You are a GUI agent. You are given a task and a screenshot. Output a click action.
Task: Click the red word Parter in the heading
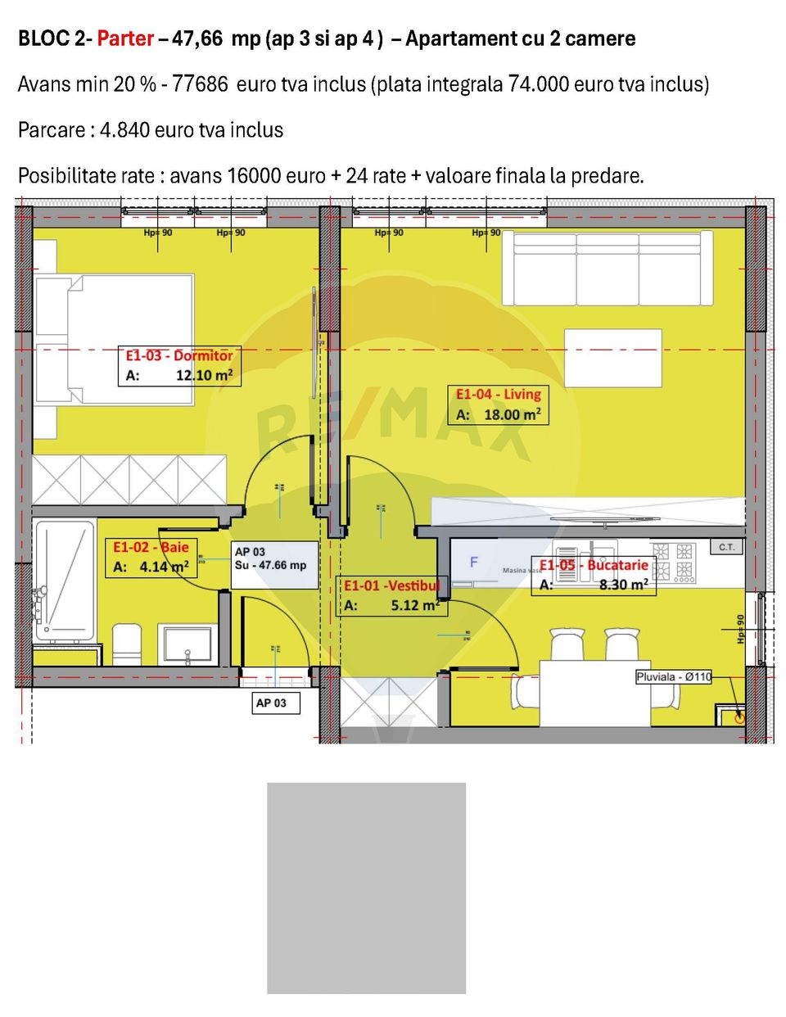click(x=125, y=38)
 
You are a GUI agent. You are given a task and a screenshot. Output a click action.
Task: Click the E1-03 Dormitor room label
click(x=178, y=355)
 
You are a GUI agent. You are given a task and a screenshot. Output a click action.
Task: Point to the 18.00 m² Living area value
click(x=512, y=414)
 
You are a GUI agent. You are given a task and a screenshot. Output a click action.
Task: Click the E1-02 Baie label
click(x=151, y=547)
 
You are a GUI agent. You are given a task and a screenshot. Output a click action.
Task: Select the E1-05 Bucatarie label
click(x=593, y=565)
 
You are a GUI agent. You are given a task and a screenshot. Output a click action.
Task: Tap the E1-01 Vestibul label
click(x=391, y=585)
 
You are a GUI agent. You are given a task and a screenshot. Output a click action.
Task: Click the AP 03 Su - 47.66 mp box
click(x=274, y=564)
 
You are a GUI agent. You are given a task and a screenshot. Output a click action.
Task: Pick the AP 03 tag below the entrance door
click(x=272, y=703)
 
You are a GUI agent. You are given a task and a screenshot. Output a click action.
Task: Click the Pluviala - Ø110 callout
click(x=673, y=677)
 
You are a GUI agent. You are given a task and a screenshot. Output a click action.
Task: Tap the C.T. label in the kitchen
click(x=726, y=547)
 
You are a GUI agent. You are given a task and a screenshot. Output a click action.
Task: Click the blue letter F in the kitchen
click(x=473, y=563)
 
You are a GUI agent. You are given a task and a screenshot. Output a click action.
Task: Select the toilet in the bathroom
click(x=126, y=644)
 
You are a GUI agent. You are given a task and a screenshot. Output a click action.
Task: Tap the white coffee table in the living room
click(x=612, y=358)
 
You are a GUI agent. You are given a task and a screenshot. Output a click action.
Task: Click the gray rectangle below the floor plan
click(x=366, y=888)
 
